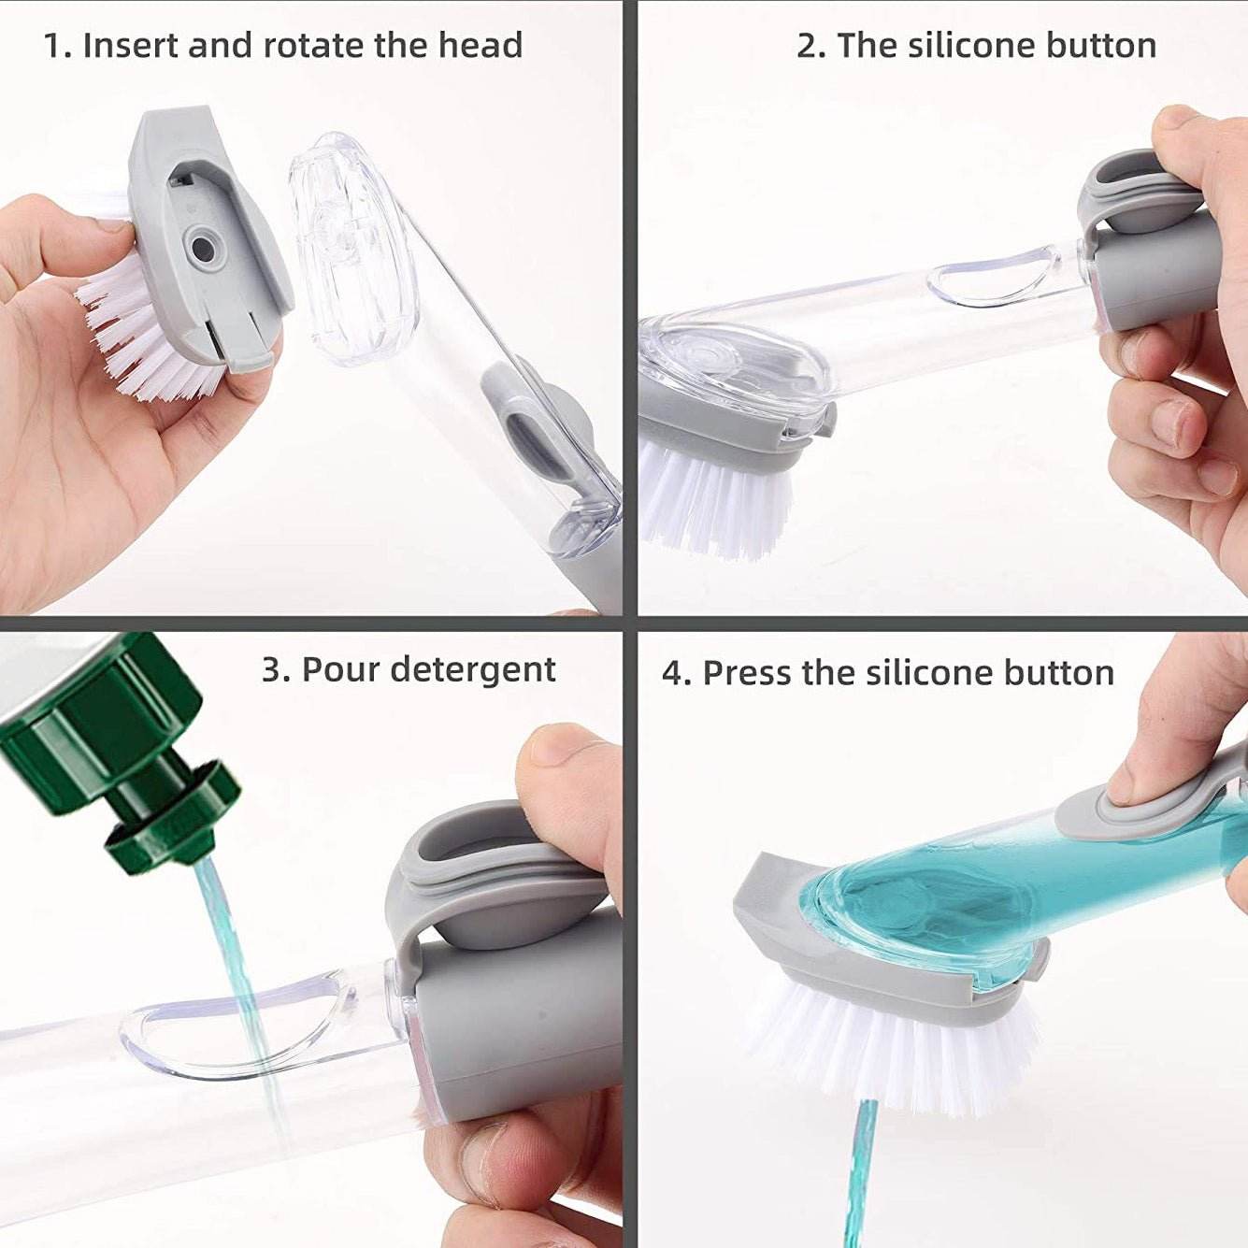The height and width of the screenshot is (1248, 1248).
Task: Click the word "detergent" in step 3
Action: coord(473,669)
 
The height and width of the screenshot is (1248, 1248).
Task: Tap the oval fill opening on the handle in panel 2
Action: coord(991,280)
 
